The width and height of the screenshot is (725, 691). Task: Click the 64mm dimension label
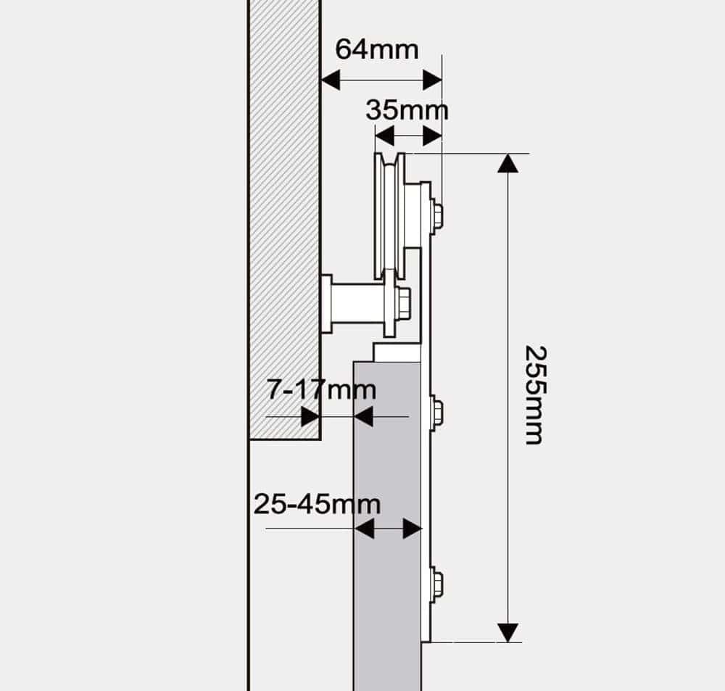[x=377, y=49]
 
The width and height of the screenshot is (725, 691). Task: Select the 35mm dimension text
[x=407, y=110]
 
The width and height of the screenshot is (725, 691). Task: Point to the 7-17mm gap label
[x=322, y=390]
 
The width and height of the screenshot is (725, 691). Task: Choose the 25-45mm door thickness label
[x=317, y=503]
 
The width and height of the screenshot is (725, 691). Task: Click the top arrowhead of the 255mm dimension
[x=507, y=163]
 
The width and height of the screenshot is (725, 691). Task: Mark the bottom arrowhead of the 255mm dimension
[x=507, y=632]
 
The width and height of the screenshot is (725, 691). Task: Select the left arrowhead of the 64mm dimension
[x=331, y=80]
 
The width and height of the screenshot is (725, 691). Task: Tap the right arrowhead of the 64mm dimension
[x=432, y=80]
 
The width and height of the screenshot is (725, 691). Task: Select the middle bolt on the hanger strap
[x=436, y=413]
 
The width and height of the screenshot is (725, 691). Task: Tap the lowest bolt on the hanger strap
[x=436, y=584]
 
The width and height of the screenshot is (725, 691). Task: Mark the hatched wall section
[x=285, y=218]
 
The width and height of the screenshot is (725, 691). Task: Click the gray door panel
[x=386, y=522]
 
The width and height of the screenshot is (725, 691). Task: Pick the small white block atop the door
[x=397, y=352]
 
